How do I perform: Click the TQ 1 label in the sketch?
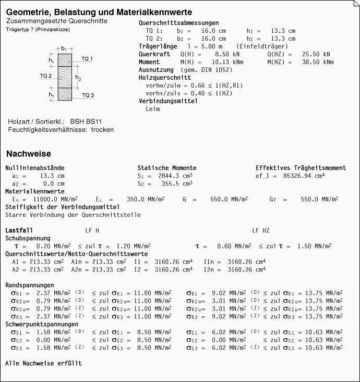87,59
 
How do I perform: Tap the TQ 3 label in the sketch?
88,95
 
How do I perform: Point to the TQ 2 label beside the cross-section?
46,76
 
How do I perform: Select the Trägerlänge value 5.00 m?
206,46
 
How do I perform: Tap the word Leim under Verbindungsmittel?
153,109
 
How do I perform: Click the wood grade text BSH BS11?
86,121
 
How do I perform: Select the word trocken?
102,129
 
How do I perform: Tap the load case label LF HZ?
261,230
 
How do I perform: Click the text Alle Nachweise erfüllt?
43,363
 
